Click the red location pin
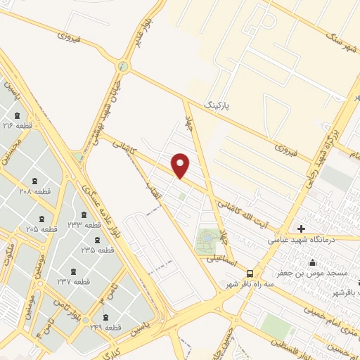pos(181,166)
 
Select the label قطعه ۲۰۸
pos(34,191)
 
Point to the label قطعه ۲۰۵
pos(42,229)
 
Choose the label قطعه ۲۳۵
pos(97,250)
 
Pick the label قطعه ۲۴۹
pos(107,327)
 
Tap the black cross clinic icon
pos(302,229)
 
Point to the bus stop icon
pos(251,273)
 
